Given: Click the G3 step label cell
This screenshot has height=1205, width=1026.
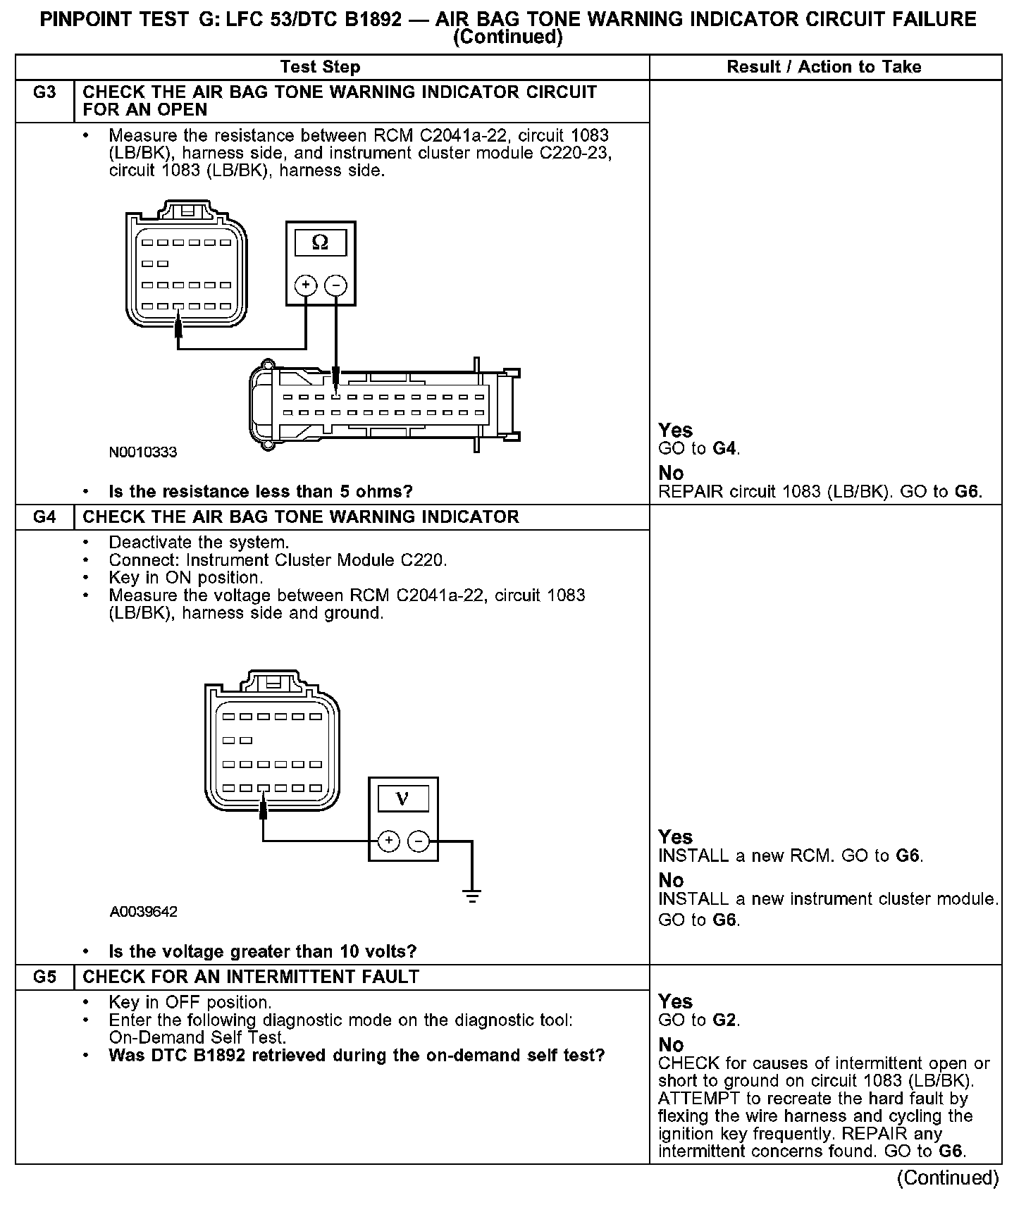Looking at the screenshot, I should coord(44,93).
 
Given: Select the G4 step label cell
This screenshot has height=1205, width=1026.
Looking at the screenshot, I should coord(44,517).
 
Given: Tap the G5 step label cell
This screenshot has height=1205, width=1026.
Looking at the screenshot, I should coord(44,977).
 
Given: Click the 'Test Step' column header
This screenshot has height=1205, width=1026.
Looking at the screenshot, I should coord(320,67).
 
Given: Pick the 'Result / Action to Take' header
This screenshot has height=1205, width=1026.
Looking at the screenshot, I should coord(824,67).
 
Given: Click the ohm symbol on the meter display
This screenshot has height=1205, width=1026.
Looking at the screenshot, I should coord(320,243).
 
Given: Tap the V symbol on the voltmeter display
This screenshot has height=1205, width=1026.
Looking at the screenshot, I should coord(402,798).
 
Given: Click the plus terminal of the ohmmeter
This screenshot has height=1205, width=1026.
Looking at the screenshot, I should coord(306,285).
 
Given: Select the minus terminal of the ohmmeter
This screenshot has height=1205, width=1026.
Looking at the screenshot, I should coord(336,285).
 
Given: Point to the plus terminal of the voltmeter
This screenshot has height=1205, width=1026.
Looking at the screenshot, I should coord(388,841).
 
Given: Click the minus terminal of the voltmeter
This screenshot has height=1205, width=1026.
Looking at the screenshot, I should coord(419,841).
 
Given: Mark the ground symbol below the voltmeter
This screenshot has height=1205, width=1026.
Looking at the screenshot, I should coord(472,898).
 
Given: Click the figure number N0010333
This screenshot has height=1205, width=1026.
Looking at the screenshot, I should coord(143,452).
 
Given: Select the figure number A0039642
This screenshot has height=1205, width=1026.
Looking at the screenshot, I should coord(143,912).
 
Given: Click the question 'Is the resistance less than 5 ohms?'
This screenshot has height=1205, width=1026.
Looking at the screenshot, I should coord(261,492).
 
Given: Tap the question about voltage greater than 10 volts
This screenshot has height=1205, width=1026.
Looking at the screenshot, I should coord(263,952).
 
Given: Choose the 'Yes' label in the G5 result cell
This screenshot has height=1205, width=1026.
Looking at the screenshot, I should coord(675,1001).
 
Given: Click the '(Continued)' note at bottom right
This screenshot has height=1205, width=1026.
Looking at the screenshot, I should coord(947,1178).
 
